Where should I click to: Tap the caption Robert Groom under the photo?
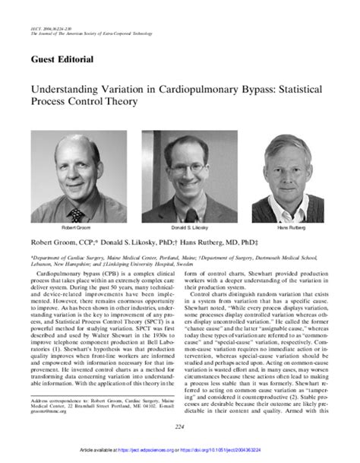point(74,227)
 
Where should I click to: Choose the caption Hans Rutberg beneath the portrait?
point(289,227)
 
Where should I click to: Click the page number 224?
point(180,427)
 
